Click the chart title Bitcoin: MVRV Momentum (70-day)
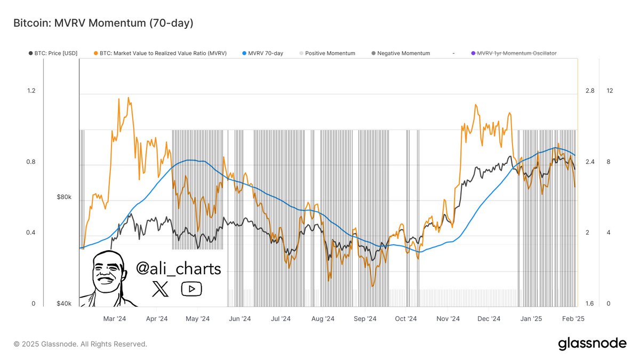click(103, 23)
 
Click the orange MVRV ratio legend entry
click(163, 53)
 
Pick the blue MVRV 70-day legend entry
click(265, 53)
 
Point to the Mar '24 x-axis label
click(115, 319)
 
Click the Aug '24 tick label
click(323, 319)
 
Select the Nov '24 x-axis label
click(447, 319)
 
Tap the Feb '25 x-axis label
click(573, 319)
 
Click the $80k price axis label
click(64, 197)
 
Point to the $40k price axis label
click(64, 304)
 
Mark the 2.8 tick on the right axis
click(589, 91)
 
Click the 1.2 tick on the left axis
click(31, 91)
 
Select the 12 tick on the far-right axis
click(610, 91)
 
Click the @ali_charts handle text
click(178, 268)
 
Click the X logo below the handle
click(160, 289)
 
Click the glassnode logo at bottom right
click(592, 344)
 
